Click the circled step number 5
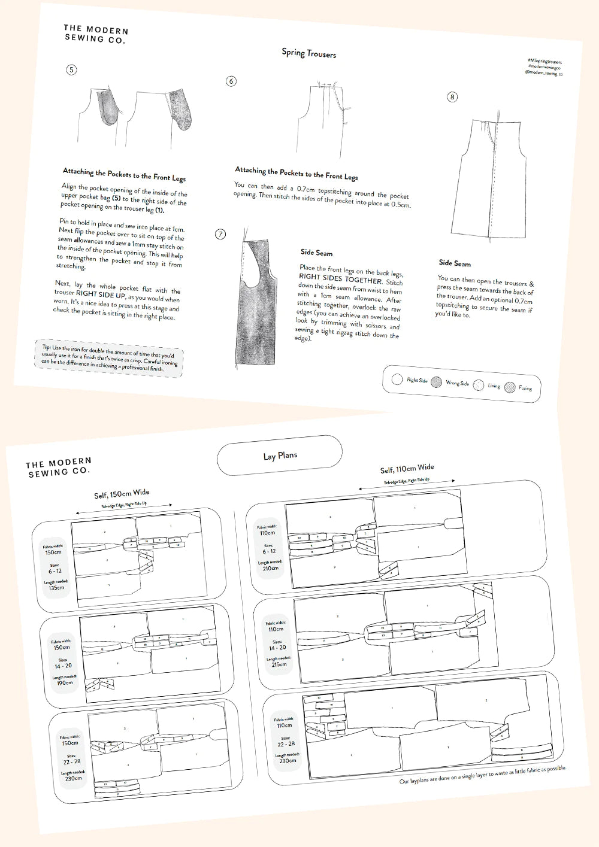[x=71, y=69]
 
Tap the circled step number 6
[x=231, y=81]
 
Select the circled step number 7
[x=220, y=234]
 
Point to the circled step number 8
[x=452, y=96]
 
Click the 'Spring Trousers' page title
[x=308, y=53]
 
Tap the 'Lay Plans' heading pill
[x=280, y=456]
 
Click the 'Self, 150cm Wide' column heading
[x=122, y=494]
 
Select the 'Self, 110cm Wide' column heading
[x=407, y=469]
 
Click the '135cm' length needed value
[x=57, y=588]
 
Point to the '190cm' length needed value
[x=64, y=683]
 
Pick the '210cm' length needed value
[x=270, y=568]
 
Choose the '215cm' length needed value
[x=279, y=664]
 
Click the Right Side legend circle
[x=397, y=379]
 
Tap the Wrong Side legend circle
[x=436, y=382]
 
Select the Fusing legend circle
[x=510, y=387]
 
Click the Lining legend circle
[x=478, y=385]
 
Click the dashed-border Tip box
[x=109, y=358]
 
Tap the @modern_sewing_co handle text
[x=543, y=72]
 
